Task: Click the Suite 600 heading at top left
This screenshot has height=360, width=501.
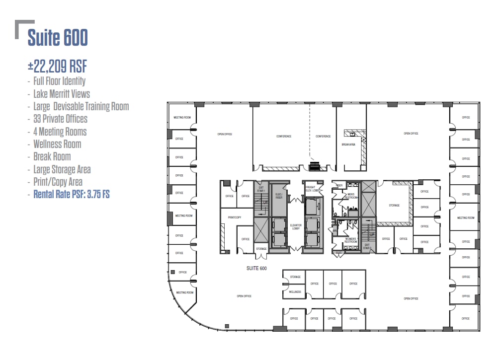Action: point(58,38)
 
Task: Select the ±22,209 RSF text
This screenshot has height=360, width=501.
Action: point(57,66)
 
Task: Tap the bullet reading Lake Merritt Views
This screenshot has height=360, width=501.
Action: point(61,93)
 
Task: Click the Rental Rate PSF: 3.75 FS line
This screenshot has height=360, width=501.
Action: point(71,195)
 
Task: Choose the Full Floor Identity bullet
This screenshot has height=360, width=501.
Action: point(59,81)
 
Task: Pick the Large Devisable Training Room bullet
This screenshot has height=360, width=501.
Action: point(81,106)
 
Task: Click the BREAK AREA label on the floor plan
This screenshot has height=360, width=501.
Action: point(348,144)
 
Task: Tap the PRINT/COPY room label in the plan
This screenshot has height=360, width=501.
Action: point(234,217)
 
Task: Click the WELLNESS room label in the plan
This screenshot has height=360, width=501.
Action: point(295,292)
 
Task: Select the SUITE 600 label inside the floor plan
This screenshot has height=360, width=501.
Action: point(257,268)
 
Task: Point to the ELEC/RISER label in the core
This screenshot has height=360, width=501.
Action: point(279,195)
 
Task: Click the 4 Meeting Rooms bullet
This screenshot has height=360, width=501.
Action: point(60,132)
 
